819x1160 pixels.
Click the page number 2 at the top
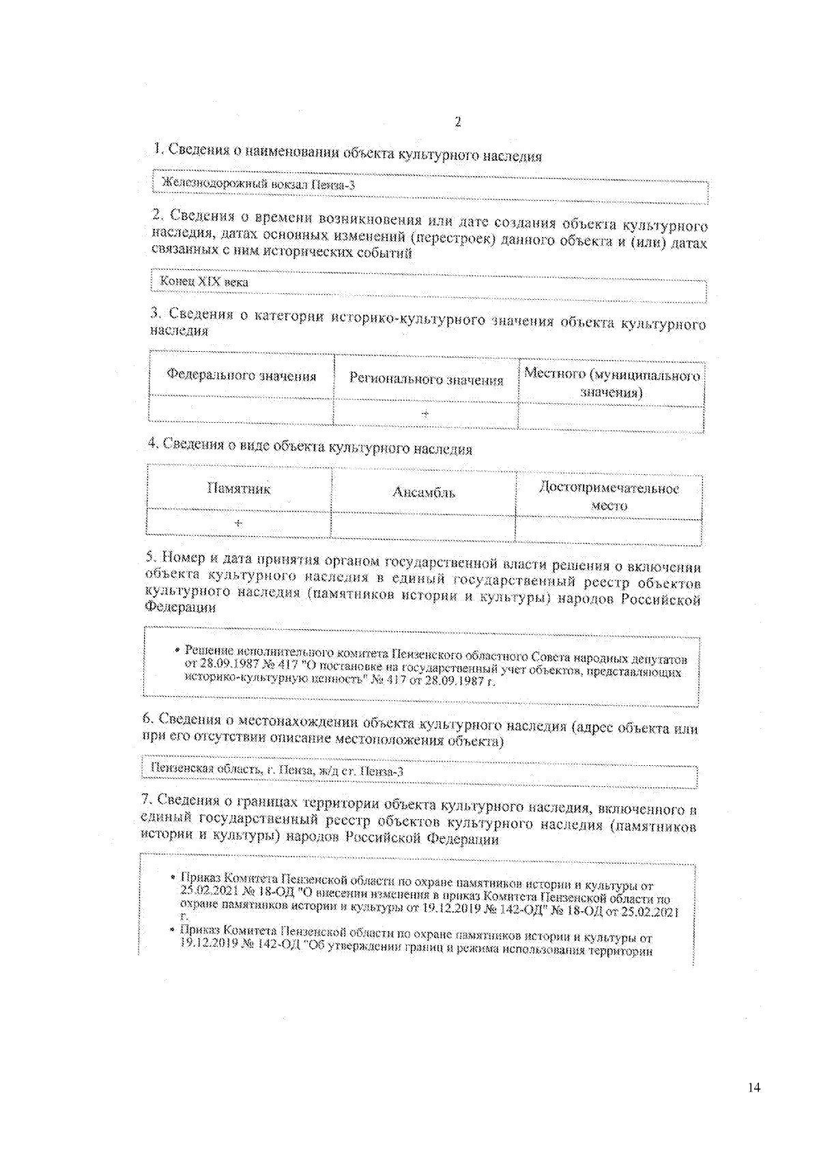(457, 122)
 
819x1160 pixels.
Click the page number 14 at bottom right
(753, 1088)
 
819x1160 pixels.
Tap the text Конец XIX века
(204, 281)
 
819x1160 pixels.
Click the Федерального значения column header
(241, 376)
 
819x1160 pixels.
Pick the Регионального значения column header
(426, 380)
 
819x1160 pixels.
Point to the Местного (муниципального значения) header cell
(612, 383)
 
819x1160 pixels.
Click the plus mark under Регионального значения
(425, 413)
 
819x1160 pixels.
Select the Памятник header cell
(239, 488)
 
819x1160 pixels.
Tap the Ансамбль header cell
(423, 493)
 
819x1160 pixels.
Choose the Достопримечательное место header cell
(609, 497)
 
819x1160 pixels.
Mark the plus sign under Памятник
(238, 523)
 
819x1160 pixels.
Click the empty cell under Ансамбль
(423, 527)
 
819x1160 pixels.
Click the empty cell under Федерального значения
(241, 409)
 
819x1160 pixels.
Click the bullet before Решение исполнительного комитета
(177, 650)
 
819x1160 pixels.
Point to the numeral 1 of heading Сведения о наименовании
(157, 148)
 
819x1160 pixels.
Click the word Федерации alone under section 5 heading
(180, 607)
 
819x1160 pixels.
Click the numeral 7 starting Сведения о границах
(145, 799)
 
